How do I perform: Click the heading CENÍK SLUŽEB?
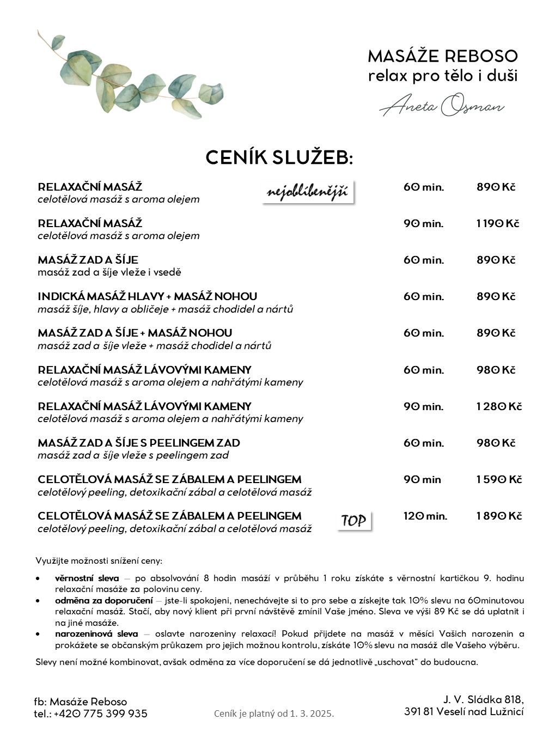(x=279, y=158)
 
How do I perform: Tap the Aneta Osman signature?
(x=442, y=105)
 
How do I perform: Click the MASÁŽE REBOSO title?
(x=442, y=56)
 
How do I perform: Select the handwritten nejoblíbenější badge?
(x=308, y=192)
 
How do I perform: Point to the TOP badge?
(x=353, y=521)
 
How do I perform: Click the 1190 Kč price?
(x=498, y=224)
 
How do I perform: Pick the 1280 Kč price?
(x=499, y=407)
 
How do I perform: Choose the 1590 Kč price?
(x=499, y=480)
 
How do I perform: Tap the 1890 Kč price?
(x=499, y=516)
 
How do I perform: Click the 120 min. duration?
(x=425, y=516)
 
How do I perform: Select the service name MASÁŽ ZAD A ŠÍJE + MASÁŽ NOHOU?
(x=135, y=333)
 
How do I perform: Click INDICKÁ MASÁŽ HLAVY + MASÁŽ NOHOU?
(x=147, y=297)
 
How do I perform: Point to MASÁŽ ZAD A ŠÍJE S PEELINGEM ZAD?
(x=139, y=443)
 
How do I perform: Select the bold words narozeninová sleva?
(x=96, y=634)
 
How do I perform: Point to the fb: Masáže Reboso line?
(x=81, y=701)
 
